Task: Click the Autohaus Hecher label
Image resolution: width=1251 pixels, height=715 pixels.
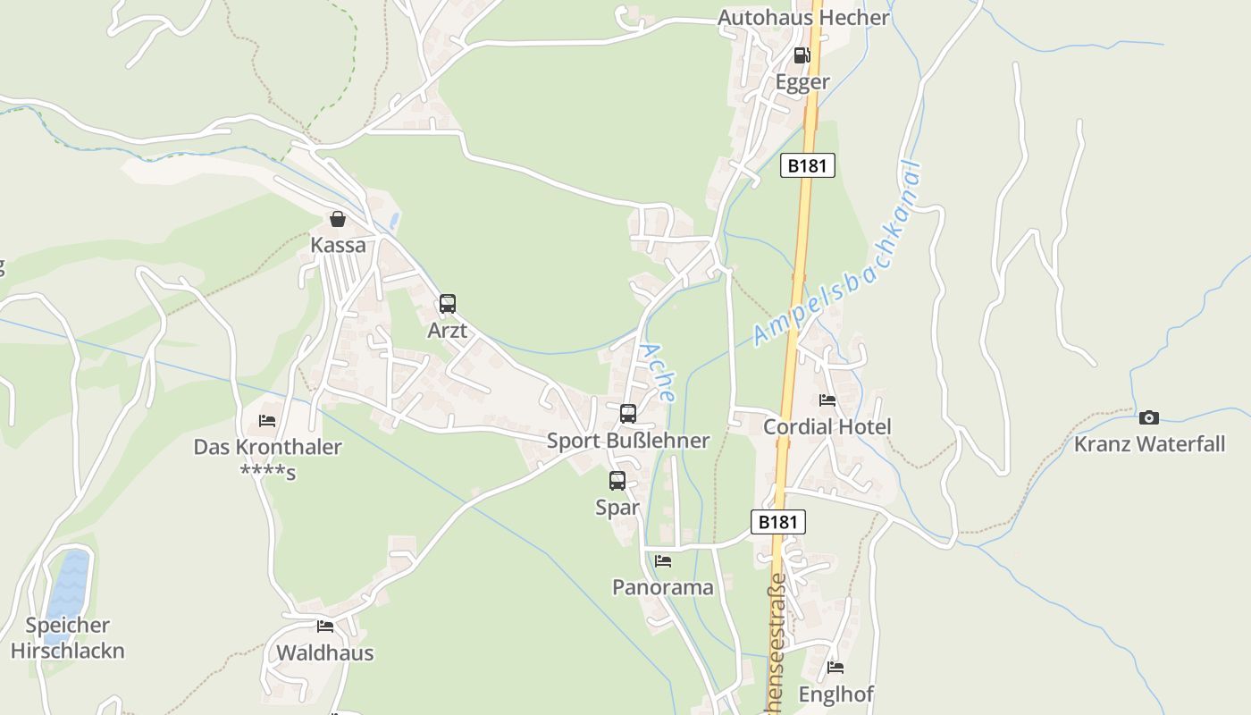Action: point(803,18)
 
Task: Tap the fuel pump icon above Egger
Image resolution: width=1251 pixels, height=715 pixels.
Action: point(802,55)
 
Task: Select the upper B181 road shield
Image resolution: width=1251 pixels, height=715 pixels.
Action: point(807,165)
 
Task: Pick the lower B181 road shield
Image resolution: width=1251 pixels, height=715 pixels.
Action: point(777,522)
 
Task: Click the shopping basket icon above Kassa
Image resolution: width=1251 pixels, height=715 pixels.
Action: point(338,219)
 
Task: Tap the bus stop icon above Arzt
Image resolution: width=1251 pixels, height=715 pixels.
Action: point(448,304)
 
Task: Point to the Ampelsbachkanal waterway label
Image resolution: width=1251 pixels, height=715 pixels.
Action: point(837,253)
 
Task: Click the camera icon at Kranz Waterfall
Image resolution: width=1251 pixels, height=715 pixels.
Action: point(1149,417)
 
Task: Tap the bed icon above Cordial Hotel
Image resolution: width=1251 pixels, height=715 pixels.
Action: point(827,400)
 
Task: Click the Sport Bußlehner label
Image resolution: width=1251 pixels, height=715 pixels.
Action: point(628,440)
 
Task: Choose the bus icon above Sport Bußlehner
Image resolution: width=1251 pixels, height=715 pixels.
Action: point(628,414)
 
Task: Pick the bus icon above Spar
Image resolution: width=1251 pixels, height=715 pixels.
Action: point(617,481)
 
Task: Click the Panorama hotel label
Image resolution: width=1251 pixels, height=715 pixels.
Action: point(662,587)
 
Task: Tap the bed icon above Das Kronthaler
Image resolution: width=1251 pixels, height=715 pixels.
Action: point(267,420)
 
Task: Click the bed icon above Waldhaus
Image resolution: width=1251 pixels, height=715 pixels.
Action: point(324,627)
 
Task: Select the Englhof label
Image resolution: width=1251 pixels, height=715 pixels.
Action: point(835,694)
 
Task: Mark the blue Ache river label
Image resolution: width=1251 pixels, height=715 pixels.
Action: point(659,372)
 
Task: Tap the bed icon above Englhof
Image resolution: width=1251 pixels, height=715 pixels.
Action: point(835,667)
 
